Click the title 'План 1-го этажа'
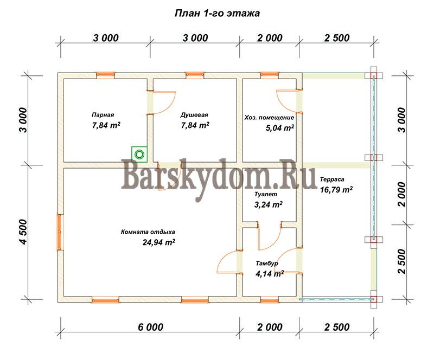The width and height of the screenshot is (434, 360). [x=217, y=13]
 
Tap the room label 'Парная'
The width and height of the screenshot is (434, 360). [x=103, y=115]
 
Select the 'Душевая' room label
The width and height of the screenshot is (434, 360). [x=194, y=115]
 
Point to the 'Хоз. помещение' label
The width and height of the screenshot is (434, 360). [x=269, y=118]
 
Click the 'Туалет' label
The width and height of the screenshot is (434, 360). [x=265, y=194]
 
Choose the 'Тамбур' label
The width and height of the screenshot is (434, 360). [x=267, y=263]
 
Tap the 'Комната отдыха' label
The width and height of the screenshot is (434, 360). [x=148, y=232]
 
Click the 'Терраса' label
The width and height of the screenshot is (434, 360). [x=332, y=179]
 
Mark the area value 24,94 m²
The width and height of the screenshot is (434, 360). [x=158, y=242]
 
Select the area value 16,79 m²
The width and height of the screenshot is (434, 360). [x=336, y=190]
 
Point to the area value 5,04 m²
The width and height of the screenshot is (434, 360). [x=280, y=128]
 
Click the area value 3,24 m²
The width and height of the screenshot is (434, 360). [x=268, y=204]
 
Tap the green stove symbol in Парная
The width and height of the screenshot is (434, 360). [x=139, y=154]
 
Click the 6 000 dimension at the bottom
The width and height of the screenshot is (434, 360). [x=151, y=327]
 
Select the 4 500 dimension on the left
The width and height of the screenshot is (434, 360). [x=24, y=232]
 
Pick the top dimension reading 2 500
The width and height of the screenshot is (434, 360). [x=337, y=38]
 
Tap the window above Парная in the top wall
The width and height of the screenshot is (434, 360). [x=105, y=75]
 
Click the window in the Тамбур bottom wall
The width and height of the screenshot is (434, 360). [x=270, y=299]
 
